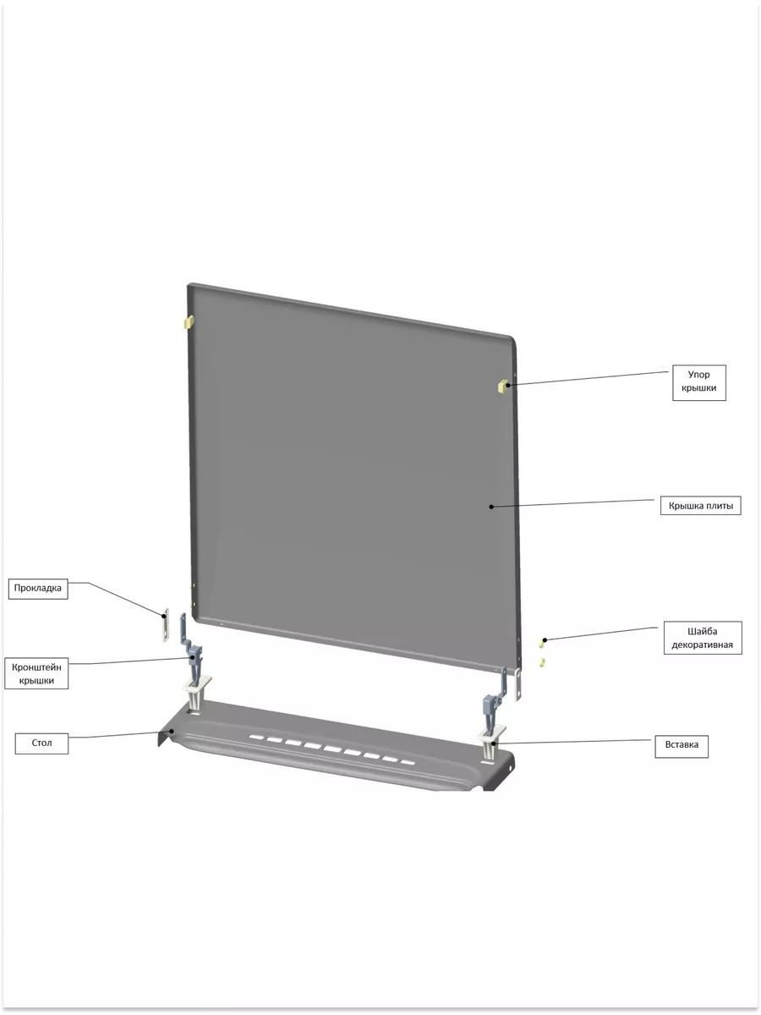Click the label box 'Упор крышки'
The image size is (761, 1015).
tap(698, 382)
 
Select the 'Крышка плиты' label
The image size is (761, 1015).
tap(700, 506)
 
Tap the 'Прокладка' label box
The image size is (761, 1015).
tap(38, 589)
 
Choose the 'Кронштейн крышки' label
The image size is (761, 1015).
tap(36, 673)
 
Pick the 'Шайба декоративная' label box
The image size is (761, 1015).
tap(703, 638)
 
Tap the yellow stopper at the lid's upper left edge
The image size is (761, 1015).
tap(189, 321)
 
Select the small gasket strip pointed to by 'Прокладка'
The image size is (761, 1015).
tap(165, 626)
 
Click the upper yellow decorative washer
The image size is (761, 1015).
tap(542, 644)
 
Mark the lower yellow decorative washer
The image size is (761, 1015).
tap(541, 662)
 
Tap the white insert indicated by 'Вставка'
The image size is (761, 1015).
tap(491, 743)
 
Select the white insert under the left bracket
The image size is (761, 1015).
tap(197, 691)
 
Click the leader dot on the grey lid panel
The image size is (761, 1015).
tap(490, 507)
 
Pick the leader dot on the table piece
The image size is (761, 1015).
tap(172, 731)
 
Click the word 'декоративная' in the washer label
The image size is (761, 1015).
tap(703, 645)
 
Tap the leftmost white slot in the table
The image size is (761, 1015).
tap(256, 737)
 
